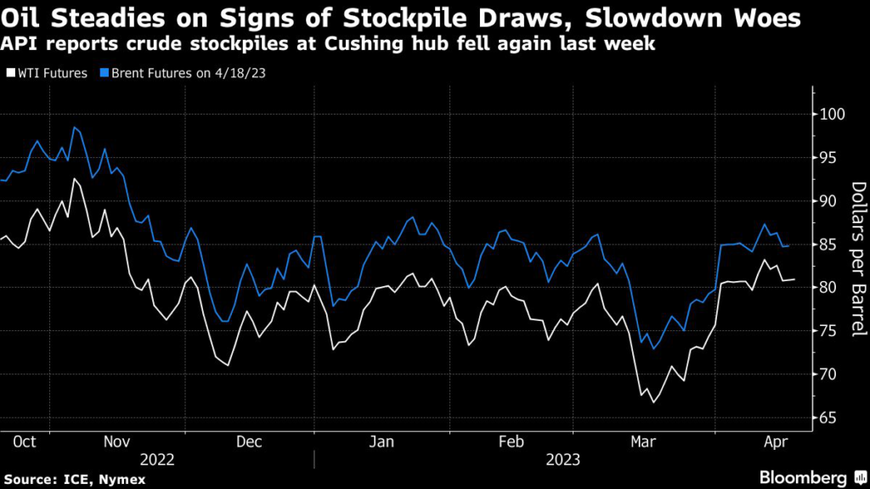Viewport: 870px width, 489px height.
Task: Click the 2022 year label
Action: [x=158, y=459]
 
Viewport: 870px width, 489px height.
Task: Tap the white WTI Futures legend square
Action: [x=10, y=73]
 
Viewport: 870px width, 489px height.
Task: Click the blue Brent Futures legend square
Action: [x=100, y=73]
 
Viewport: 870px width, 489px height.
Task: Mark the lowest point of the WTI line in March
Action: [x=653, y=402]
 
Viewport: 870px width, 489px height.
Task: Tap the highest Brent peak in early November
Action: [x=75, y=127]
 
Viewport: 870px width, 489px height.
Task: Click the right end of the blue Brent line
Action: [x=789, y=245]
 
